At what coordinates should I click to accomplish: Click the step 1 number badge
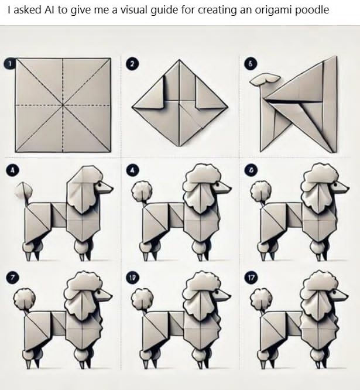coord(8,63)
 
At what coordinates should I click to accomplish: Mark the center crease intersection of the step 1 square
coord(63,105)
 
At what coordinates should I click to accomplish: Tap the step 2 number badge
coord(133,64)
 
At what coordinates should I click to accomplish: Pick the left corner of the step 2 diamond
coord(133,107)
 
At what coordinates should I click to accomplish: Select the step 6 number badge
coord(251,64)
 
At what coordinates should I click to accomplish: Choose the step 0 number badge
coord(251,170)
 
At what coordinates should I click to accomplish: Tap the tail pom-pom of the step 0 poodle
coord(258,190)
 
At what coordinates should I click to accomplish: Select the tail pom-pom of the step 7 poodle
coord(22,299)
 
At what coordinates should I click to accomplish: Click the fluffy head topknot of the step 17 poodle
coord(318,284)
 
